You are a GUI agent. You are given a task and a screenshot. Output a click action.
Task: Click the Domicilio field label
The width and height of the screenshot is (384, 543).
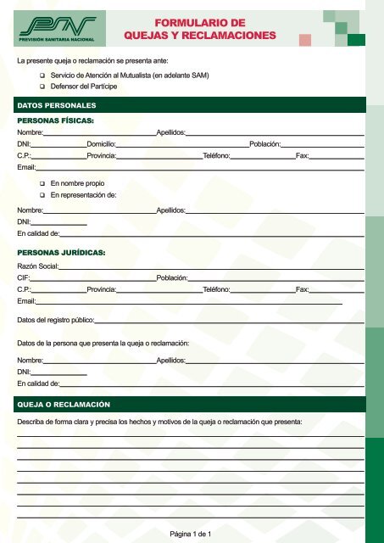tap(101, 145)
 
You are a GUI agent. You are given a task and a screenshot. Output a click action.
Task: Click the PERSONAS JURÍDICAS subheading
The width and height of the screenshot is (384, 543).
tap(64, 252)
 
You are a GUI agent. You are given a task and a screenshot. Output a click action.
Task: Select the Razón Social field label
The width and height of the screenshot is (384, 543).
tap(37, 266)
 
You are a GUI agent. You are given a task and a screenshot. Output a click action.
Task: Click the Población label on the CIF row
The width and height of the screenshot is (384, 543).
tap(172, 277)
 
